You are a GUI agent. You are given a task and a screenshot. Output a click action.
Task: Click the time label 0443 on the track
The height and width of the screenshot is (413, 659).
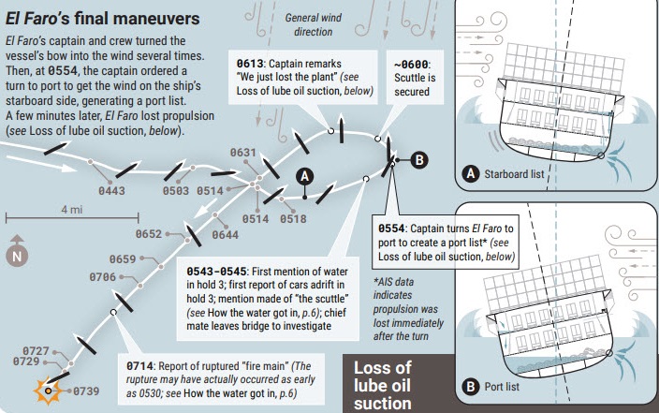[111, 191]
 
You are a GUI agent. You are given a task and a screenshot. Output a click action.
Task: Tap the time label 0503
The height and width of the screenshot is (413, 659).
[176, 191]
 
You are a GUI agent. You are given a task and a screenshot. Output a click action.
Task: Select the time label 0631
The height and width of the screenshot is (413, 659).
[243, 153]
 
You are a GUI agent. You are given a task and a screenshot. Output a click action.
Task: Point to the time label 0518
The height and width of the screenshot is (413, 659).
[293, 219]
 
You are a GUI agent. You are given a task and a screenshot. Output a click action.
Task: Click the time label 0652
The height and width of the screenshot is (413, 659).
[148, 234]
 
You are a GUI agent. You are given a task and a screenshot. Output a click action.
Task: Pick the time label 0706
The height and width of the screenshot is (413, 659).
[102, 277]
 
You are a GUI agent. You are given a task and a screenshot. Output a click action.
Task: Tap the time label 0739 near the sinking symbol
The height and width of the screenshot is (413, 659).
[86, 391]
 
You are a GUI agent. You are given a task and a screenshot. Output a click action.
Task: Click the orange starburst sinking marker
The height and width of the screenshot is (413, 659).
[49, 391]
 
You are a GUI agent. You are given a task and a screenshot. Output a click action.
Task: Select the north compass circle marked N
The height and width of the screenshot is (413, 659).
[17, 256]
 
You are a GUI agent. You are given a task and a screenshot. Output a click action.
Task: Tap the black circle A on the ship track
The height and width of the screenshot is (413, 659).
[305, 176]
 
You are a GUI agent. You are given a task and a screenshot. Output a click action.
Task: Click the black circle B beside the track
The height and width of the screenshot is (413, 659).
[419, 160]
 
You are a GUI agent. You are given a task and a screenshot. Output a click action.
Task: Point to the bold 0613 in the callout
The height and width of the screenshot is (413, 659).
[250, 64]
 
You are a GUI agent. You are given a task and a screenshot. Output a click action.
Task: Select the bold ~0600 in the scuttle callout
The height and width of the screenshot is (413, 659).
[411, 65]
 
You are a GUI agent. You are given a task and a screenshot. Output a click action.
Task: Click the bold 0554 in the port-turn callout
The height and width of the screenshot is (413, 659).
[391, 229]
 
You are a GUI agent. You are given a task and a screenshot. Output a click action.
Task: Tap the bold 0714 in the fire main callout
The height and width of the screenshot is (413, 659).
[139, 366]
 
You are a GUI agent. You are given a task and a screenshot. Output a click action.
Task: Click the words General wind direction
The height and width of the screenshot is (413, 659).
[313, 24]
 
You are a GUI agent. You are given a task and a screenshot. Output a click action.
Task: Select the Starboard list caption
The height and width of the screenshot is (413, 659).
[514, 174]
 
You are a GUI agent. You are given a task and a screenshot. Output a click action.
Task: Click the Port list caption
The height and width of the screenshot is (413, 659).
[502, 387]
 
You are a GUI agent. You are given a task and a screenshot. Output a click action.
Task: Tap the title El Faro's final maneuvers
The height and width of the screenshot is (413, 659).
[103, 19]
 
